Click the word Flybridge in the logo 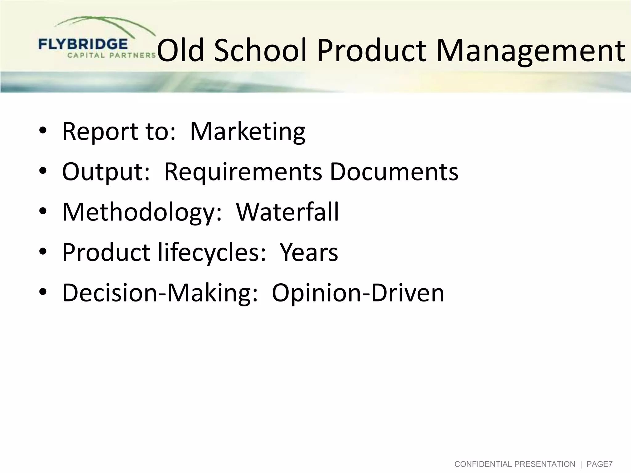click(83, 45)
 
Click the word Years click(309, 253)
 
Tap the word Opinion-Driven click(358, 293)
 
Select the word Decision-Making click(160, 293)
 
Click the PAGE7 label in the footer click(599, 464)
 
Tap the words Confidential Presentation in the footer click(515, 464)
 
